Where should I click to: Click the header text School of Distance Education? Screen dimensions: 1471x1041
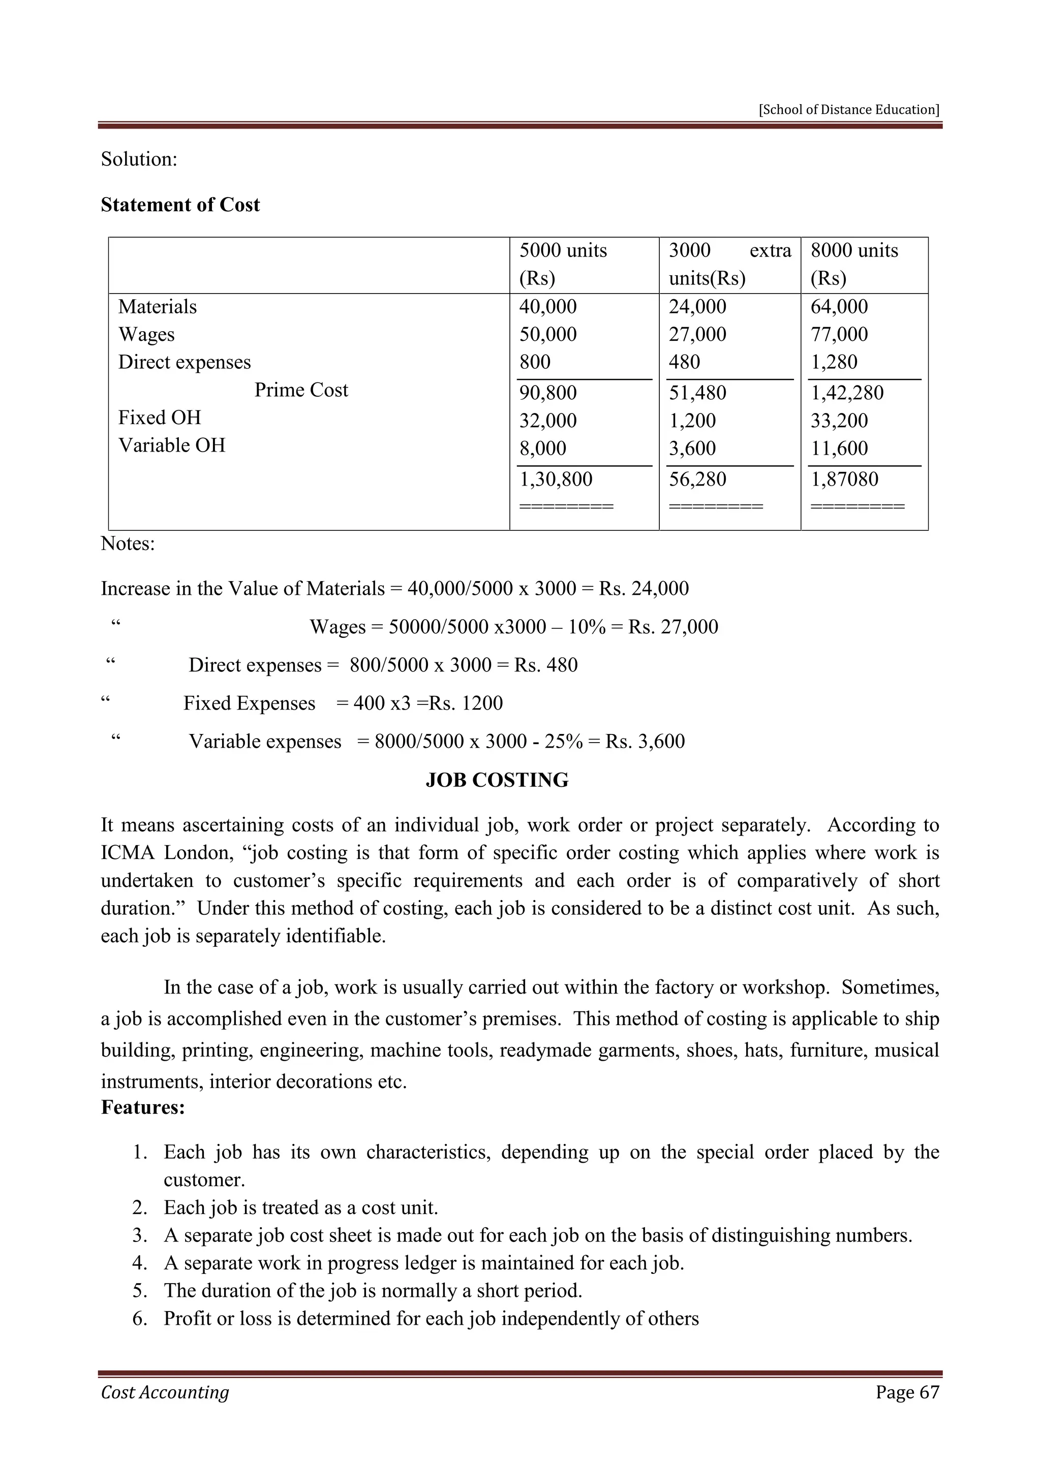pos(849,110)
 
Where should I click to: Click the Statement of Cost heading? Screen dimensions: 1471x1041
pos(180,205)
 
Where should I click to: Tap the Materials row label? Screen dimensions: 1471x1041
pos(157,307)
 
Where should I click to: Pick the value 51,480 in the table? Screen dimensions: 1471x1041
pos(697,393)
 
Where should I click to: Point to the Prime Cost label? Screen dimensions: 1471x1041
pos(301,390)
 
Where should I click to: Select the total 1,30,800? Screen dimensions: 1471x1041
pos(555,479)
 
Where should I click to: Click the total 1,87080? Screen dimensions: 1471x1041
pos(844,479)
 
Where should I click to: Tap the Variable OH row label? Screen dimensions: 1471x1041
pos(172,445)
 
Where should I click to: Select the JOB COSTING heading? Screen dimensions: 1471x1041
pos(497,780)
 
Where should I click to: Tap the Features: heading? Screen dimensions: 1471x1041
pos(143,1107)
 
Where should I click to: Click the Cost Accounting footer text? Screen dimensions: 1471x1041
pos(165,1392)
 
